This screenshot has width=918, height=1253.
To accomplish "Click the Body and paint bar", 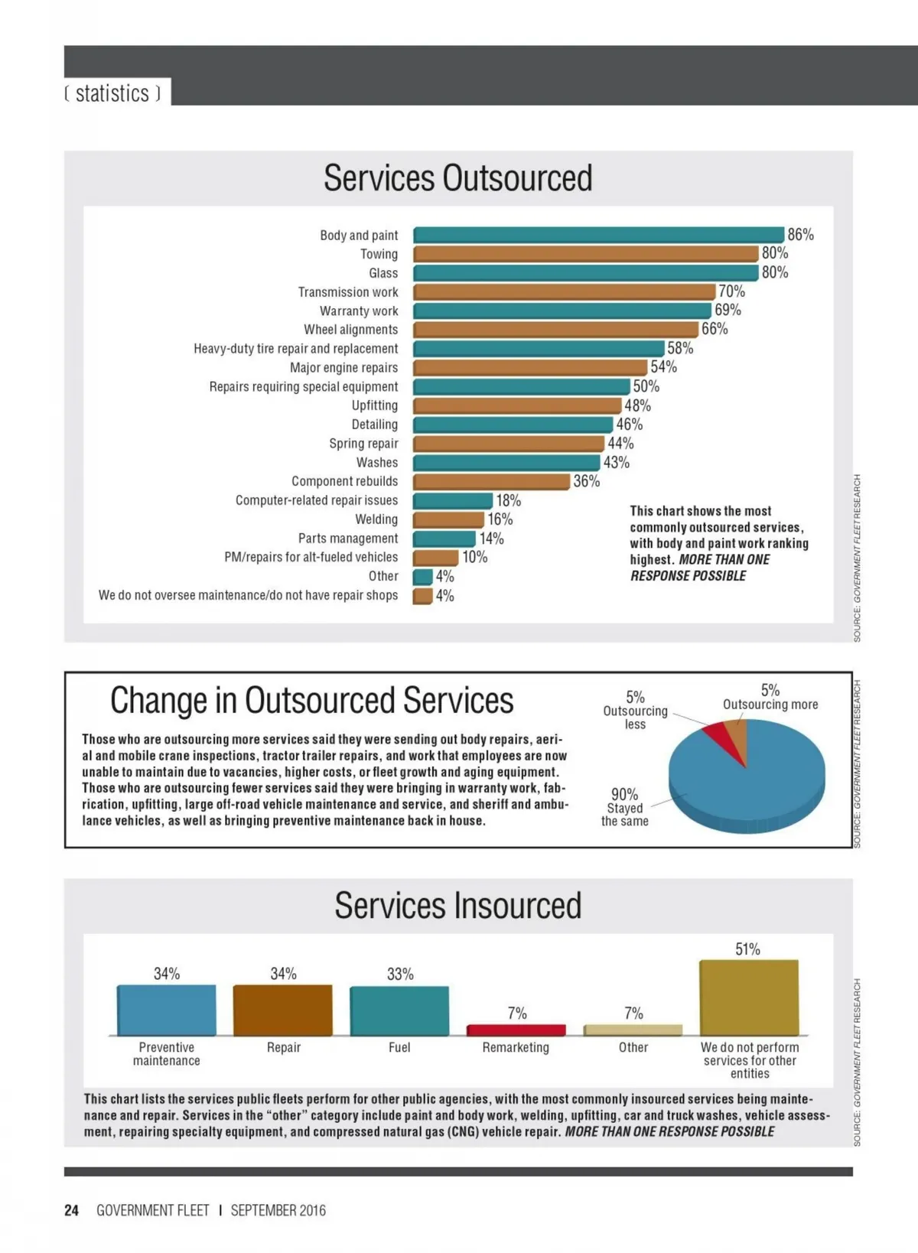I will (x=598, y=235).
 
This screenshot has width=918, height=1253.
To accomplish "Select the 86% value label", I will (x=800, y=235).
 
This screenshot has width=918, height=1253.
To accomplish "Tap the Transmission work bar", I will (x=564, y=291).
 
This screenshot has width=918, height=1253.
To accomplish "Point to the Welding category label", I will (x=376, y=519).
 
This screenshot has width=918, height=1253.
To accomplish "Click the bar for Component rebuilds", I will (x=491, y=481).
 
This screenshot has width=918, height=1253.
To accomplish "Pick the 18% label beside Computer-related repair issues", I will (x=508, y=500).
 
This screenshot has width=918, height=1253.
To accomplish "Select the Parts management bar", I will (x=444, y=539).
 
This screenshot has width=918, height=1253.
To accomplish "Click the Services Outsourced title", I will (x=457, y=178).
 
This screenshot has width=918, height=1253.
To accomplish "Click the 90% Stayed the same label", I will (x=624, y=807).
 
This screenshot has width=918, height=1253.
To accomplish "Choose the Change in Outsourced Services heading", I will (x=311, y=701).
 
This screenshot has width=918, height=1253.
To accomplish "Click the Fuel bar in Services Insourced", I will (x=399, y=1011).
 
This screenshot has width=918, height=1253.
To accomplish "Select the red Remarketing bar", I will (x=516, y=1030).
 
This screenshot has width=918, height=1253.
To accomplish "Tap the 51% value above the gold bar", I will (x=747, y=949).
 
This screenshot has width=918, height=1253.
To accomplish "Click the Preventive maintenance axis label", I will (x=166, y=1053).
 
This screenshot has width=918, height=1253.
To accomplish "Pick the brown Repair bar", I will (x=282, y=1010).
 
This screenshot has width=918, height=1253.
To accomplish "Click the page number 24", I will (x=71, y=1210).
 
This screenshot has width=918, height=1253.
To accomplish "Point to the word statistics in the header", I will (x=112, y=93).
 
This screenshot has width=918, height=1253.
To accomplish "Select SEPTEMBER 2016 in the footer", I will (x=278, y=1210).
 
